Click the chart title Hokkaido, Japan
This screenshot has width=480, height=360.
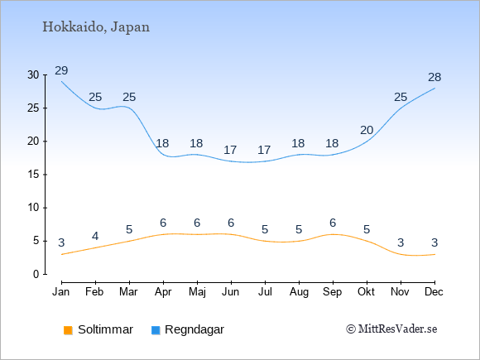(x=96, y=27)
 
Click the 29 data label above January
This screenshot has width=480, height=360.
(x=61, y=70)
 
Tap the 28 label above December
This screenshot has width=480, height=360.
(x=434, y=78)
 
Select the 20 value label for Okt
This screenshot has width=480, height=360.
(x=367, y=131)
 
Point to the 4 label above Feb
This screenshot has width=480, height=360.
(x=95, y=236)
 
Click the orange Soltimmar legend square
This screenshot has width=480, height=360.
(x=68, y=330)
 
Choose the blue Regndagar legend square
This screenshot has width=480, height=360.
(x=156, y=330)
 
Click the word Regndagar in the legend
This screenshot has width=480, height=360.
(x=194, y=329)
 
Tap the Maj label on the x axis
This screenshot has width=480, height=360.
(x=197, y=292)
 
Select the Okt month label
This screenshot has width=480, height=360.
(x=366, y=292)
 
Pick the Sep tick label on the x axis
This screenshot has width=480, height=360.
(x=332, y=292)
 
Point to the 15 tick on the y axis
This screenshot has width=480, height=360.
(x=33, y=175)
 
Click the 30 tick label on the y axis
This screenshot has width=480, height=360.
(x=33, y=74)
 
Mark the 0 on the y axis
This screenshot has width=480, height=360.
(x=36, y=274)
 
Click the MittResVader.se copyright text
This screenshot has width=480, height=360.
(x=391, y=329)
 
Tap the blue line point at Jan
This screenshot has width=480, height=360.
(x=61, y=81)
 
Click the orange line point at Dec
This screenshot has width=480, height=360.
(x=434, y=254)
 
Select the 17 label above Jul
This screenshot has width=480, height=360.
(x=264, y=151)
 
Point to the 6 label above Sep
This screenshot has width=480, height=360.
(x=333, y=223)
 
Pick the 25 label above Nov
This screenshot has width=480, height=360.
(x=401, y=98)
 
